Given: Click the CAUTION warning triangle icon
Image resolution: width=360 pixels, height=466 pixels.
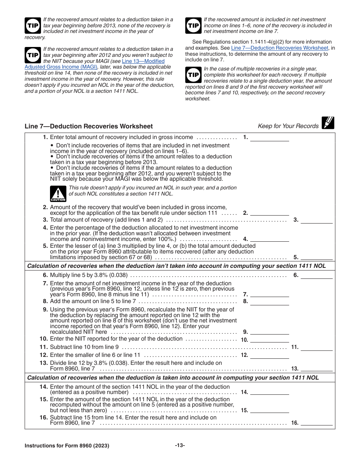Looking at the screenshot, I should [58, 193].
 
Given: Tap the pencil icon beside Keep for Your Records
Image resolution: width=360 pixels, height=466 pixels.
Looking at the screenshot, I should [328, 123].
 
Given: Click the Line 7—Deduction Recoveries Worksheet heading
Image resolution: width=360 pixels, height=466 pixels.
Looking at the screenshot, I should [89, 127].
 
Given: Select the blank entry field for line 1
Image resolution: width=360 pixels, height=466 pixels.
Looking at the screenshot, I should [269, 138].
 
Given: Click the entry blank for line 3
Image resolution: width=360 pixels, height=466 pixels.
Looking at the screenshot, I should [316, 220].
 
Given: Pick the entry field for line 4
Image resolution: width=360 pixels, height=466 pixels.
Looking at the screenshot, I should [269, 239].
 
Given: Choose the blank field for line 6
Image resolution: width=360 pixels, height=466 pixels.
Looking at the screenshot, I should [316, 276].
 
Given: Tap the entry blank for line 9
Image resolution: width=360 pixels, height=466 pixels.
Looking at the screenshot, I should [269, 332].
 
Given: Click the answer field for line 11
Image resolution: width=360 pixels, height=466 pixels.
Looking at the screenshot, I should [316, 347].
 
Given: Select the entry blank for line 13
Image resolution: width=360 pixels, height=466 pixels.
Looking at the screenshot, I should [316, 369].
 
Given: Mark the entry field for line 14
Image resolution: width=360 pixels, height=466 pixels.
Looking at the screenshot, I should [269, 393].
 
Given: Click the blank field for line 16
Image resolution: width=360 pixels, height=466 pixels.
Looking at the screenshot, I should [316, 424].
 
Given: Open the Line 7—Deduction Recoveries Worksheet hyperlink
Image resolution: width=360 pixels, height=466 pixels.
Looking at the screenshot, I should [280, 48].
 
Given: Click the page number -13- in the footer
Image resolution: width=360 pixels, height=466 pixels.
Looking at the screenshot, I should [180, 446].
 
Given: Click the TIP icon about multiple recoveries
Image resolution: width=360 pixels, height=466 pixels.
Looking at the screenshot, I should [194, 75].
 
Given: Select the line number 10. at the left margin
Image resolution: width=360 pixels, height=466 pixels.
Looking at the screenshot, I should [44, 339].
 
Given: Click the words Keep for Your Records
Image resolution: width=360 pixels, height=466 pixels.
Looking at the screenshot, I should [288, 126].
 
